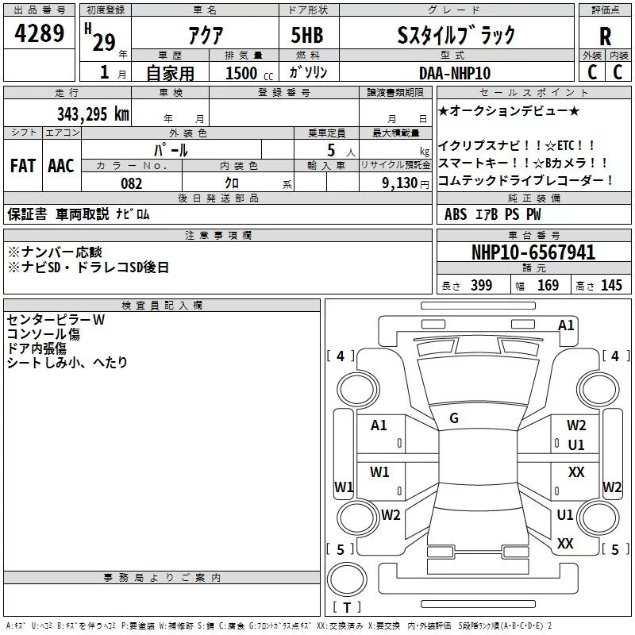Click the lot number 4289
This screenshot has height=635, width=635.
coord(39,33)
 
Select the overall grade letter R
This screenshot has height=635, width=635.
coord(605,37)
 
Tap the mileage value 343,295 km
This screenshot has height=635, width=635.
coord(93,114)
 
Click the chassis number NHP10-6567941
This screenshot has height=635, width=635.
coord(533,252)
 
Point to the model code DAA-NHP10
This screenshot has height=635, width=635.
coord(455,73)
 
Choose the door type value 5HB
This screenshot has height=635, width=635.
coord(307,35)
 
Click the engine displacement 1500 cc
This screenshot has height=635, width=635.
coord(249,73)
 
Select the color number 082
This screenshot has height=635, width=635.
coord(131,183)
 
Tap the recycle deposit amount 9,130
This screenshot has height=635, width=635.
coord(400,183)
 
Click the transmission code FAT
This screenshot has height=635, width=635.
coord(23,166)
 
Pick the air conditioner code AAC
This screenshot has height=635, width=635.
coord(61,166)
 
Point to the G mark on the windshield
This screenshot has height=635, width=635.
coord(454,418)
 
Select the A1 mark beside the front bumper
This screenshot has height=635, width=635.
coord(566,325)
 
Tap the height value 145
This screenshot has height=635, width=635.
coord(611,285)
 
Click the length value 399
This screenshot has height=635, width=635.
coord(482,285)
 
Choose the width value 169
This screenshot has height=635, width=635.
coord(548,285)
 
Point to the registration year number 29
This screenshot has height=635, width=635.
coord(104,42)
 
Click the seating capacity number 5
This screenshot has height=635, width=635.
coord(331,150)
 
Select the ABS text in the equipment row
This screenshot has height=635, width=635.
coord(456,214)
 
